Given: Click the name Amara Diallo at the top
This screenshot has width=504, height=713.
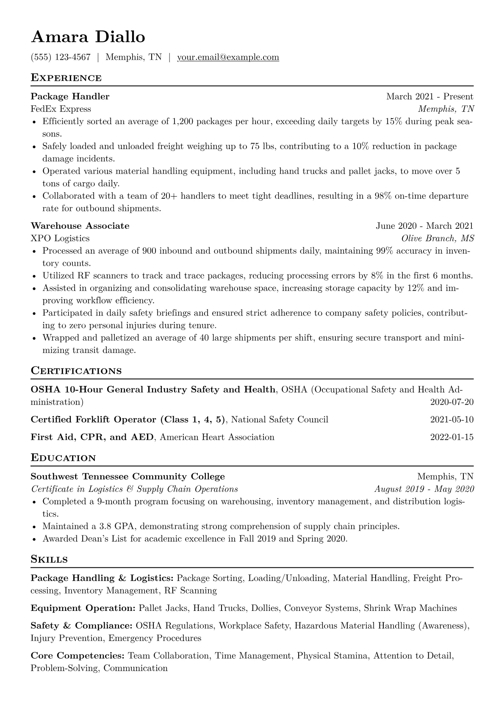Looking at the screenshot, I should point(88,37).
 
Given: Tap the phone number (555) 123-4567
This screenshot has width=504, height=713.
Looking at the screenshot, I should point(61,57).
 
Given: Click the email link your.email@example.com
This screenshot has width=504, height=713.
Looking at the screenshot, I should point(228,57).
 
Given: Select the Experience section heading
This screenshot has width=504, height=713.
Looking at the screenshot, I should point(66,78).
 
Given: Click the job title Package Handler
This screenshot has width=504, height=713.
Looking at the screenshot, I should point(70,97).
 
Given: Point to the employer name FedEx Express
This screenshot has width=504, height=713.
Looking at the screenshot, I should point(61,109).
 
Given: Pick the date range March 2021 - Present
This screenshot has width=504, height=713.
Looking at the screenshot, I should point(429,97).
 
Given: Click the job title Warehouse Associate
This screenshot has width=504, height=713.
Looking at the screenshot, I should point(80,226).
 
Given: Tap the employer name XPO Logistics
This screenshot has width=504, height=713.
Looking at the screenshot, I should point(60,238).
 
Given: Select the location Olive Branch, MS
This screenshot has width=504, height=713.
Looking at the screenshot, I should point(438,238).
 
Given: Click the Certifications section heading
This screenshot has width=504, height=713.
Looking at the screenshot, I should point(76,371).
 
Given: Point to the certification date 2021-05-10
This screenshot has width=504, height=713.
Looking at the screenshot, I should point(451,420).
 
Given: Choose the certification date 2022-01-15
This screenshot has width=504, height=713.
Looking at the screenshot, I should point(451,437).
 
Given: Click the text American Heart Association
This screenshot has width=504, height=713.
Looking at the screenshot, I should point(217,437).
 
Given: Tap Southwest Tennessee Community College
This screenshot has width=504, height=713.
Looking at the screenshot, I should point(128,477).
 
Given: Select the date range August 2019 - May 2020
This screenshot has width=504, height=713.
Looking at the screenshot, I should point(424,489).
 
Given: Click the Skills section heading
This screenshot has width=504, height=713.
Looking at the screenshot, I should point(49,559).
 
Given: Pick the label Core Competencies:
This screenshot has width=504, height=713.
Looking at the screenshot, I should point(78,656).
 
